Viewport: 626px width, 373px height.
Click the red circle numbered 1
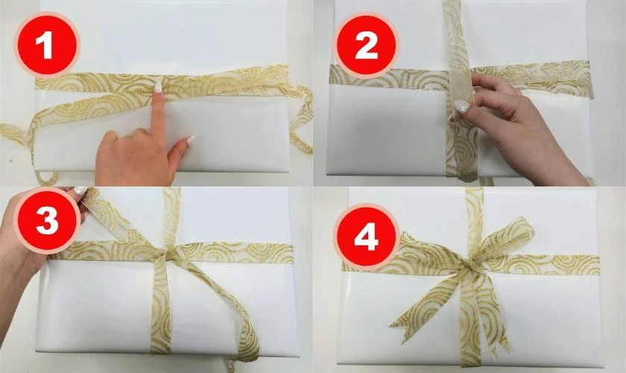tap(47, 44)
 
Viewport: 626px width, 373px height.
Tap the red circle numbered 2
tap(366, 45)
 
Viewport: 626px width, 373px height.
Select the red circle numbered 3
tap(47, 220)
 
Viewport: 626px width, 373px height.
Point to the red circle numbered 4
tap(367, 239)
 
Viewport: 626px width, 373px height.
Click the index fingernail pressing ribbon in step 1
tap(159, 87)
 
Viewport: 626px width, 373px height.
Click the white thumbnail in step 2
tap(461, 107)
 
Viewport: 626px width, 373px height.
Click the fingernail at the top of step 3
tap(80, 191)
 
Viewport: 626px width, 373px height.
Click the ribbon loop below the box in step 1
tap(47, 178)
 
